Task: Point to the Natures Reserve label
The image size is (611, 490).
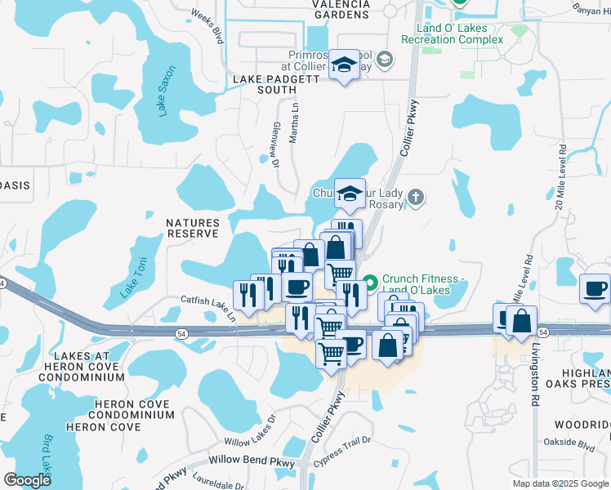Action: [193, 228]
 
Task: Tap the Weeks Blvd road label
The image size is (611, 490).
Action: [207, 25]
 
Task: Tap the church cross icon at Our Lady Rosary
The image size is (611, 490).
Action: [417, 197]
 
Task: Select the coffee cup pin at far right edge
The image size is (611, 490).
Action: [595, 288]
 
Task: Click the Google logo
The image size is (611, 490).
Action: [27, 480]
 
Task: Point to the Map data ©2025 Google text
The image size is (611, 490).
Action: [560, 483]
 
